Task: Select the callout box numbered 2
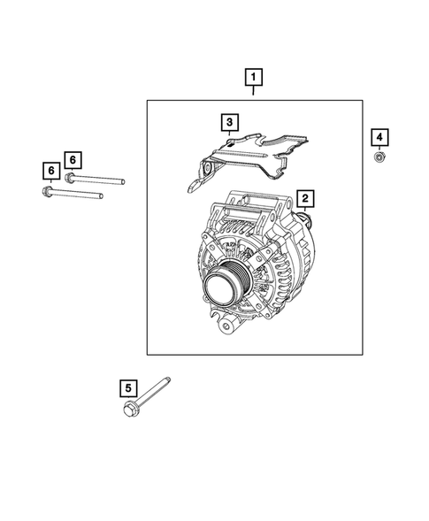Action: pyautogui.click(x=304, y=199)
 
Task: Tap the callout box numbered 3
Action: pyautogui.click(x=228, y=121)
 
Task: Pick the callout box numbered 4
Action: pyautogui.click(x=378, y=137)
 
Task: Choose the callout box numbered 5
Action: pyautogui.click(x=127, y=387)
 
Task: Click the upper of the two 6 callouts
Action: pyautogui.click(x=73, y=159)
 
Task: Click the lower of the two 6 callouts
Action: pyautogui.click(x=51, y=169)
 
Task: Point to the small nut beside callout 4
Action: pyautogui.click(x=378, y=157)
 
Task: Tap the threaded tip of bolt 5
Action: pyautogui.click(x=168, y=379)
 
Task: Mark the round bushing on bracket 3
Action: pyautogui.click(x=206, y=169)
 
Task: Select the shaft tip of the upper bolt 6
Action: pyautogui.click(x=121, y=182)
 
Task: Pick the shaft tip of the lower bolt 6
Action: pyautogui.click(x=104, y=193)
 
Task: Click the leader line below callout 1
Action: pyautogui.click(x=254, y=92)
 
